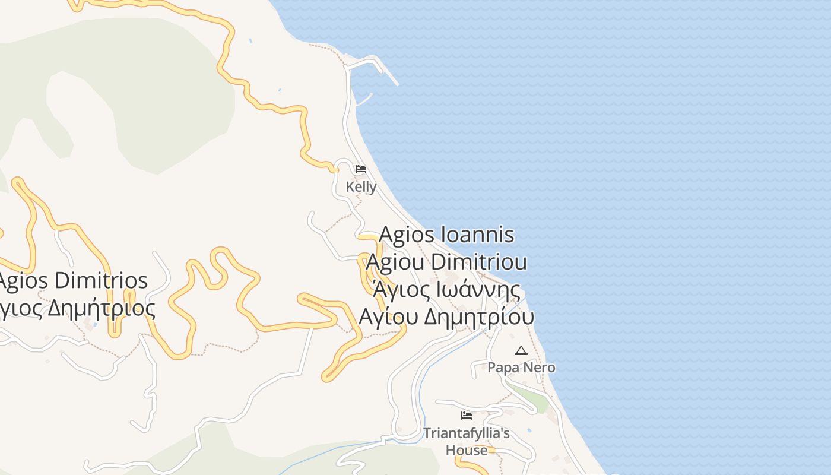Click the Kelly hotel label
click(x=361, y=187)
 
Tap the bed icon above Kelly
click(x=360, y=170)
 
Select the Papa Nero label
click(x=521, y=368)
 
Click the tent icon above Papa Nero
click(x=521, y=351)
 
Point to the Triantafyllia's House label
click(x=466, y=441)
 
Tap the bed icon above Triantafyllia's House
click(x=467, y=416)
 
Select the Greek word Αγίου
click(x=389, y=317)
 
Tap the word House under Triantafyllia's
click(x=467, y=451)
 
